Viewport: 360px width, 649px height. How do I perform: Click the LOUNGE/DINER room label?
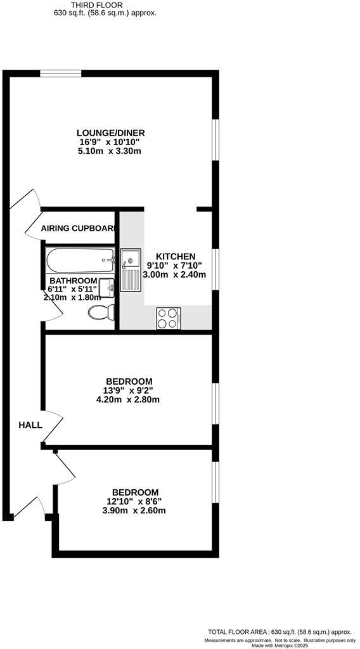(111, 132)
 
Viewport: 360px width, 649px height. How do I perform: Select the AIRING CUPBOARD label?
(78, 228)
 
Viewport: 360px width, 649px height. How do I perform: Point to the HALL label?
(30, 425)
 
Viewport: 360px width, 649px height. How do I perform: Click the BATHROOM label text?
(74, 281)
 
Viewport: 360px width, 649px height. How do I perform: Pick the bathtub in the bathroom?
(80, 259)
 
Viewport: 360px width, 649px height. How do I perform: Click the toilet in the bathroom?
(100, 312)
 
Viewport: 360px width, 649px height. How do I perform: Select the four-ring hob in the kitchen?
(169, 318)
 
